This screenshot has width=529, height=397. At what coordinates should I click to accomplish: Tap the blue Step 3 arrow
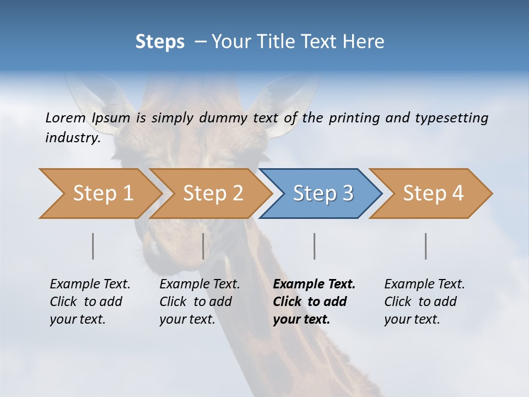click(x=321, y=194)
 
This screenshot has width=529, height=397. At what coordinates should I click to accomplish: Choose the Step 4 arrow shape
click(x=431, y=194)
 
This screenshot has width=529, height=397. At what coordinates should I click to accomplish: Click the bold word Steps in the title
click(x=160, y=42)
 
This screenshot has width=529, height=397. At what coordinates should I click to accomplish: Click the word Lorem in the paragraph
click(x=65, y=117)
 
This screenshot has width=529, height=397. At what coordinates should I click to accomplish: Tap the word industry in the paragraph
click(x=73, y=137)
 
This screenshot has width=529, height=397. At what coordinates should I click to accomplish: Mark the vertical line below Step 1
click(x=93, y=246)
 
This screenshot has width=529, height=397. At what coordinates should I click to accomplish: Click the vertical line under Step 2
click(x=203, y=246)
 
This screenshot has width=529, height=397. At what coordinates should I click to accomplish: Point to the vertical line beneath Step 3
click(x=315, y=246)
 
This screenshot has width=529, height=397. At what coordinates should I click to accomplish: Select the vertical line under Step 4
click(x=426, y=246)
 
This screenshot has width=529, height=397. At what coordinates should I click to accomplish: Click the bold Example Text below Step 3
click(x=314, y=285)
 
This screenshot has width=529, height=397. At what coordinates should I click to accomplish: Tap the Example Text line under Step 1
click(x=90, y=285)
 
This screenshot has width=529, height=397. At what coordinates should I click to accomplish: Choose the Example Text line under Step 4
click(x=424, y=285)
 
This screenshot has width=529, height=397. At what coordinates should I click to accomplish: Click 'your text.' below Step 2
click(x=187, y=319)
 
